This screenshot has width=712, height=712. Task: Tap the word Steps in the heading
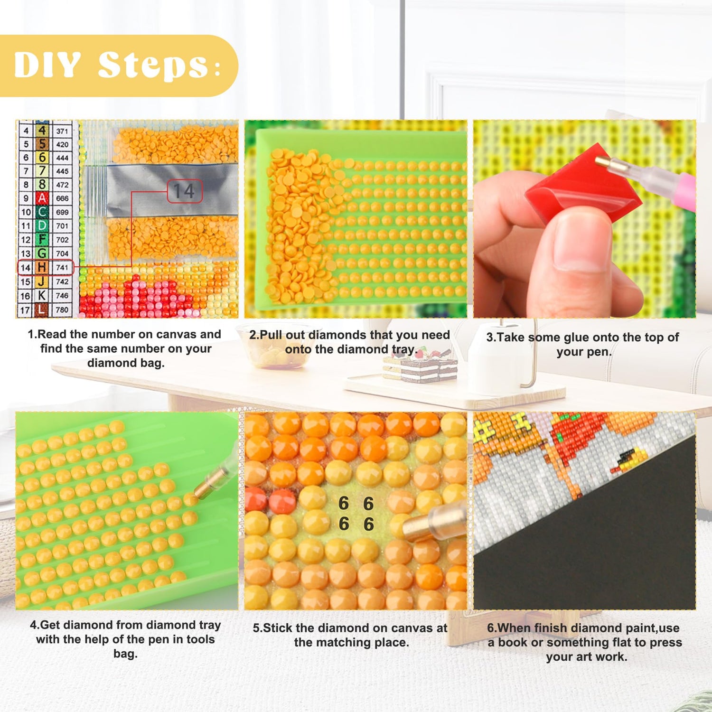click(153, 66)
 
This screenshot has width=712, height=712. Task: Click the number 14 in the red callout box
click(184, 191)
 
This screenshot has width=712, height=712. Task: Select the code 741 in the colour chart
click(62, 268)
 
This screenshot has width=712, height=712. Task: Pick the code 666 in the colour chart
click(62, 198)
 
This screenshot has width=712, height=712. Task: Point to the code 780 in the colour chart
click(62, 310)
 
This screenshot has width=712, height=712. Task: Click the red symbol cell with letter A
click(42, 198)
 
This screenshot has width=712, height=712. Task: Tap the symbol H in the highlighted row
click(42, 267)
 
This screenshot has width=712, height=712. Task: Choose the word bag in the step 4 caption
click(125, 654)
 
